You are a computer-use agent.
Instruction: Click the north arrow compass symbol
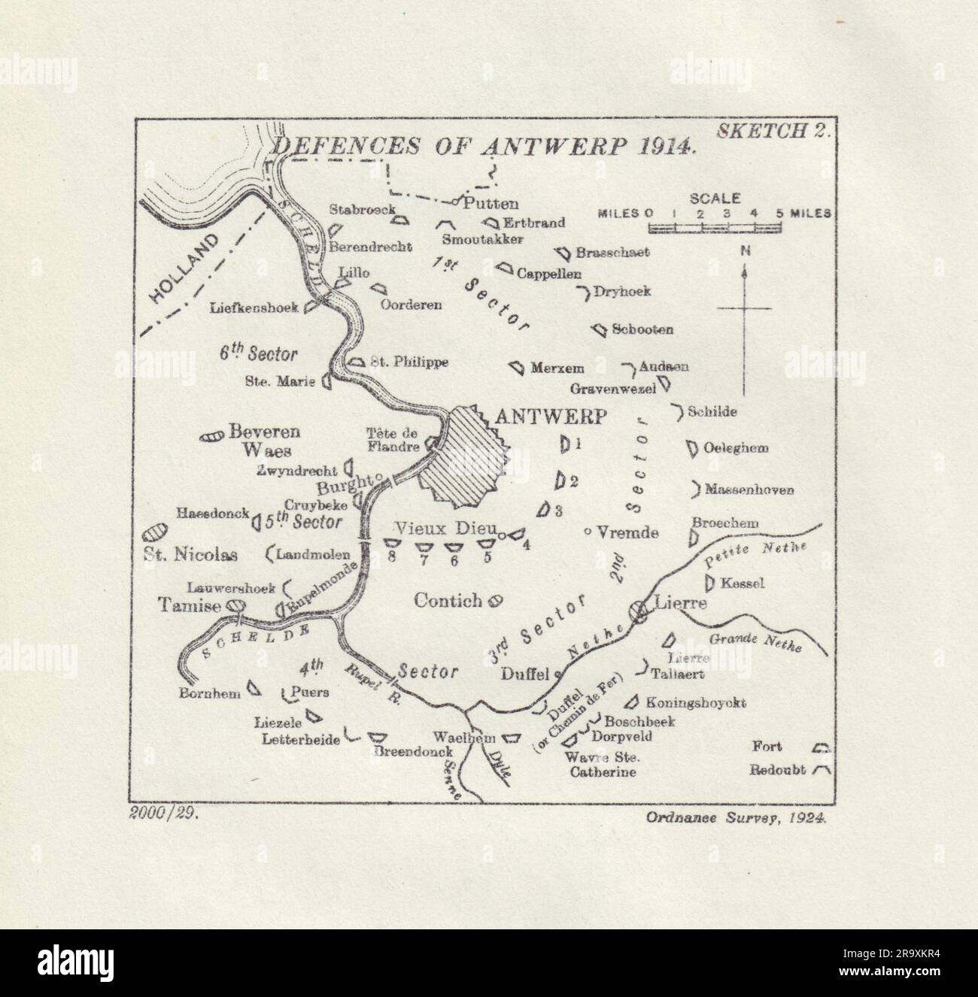[745, 308]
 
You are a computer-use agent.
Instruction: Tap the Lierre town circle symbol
[641, 611]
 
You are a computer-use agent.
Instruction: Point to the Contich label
[448, 599]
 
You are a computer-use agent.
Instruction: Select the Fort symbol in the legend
[820, 747]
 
